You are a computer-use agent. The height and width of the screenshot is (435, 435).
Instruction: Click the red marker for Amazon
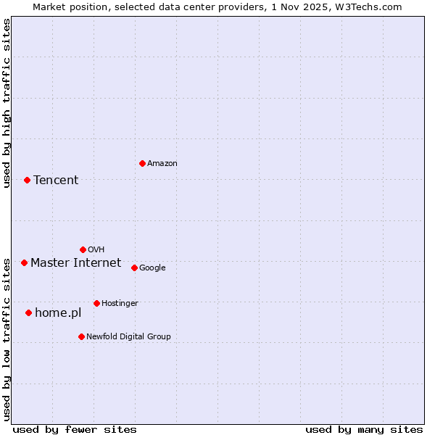click(x=142, y=163)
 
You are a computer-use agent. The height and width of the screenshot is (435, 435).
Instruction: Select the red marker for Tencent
click(x=27, y=180)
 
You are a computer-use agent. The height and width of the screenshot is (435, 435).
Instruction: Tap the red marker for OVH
click(x=83, y=249)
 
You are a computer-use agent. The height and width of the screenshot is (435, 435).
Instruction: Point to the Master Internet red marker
click(x=24, y=262)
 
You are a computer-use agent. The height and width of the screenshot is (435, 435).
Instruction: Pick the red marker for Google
click(x=134, y=268)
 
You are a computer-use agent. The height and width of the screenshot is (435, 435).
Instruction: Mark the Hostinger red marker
click(x=96, y=303)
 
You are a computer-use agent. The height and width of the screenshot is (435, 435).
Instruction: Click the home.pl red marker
click(x=28, y=312)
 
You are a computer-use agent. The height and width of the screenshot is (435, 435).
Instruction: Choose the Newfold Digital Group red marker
click(x=81, y=336)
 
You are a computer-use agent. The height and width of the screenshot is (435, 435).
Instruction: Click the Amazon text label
click(x=162, y=164)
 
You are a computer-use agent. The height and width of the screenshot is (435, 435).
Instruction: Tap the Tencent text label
click(x=56, y=181)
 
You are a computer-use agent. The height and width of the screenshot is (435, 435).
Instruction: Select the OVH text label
click(x=96, y=250)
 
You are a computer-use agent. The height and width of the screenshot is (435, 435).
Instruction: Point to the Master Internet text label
click(x=75, y=262)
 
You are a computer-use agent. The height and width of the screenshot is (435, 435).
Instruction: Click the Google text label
click(x=152, y=268)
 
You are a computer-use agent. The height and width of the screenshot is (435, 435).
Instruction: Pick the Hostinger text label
click(x=120, y=304)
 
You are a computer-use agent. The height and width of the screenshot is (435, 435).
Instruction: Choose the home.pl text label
click(x=58, y=313)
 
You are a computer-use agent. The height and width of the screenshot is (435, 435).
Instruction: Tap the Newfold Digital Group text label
click(x=128, y=337)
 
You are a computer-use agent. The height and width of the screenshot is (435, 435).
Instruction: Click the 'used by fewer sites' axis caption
click(x=75, y=429)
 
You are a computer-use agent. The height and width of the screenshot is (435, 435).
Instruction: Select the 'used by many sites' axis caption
click(x=364, y=429)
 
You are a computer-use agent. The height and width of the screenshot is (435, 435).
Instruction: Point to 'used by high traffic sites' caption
click(x=7, y=103)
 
